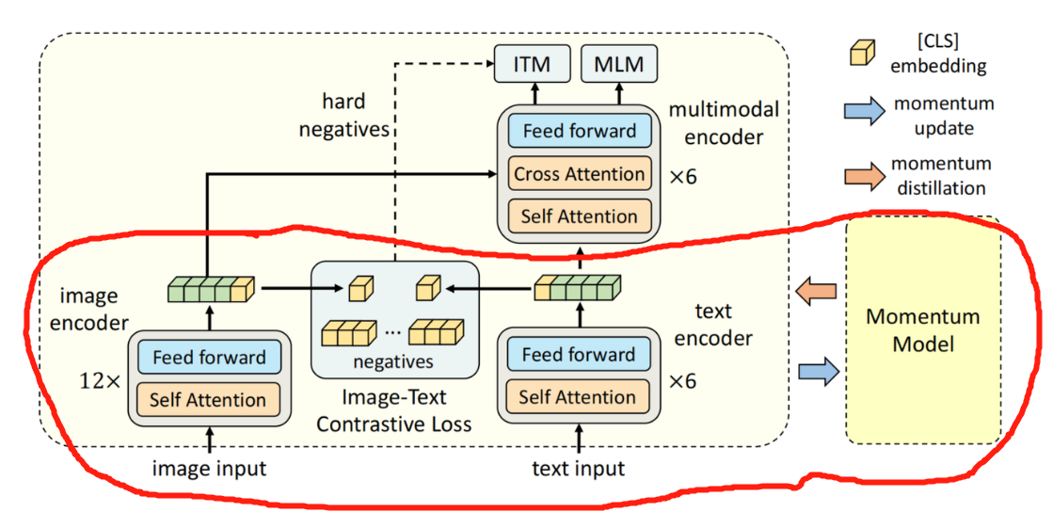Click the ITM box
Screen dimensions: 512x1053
point(533,64)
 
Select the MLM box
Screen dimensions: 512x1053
point(617,64)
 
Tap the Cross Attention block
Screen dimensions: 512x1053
point(580,174)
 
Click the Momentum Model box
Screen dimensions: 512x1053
point(922,330)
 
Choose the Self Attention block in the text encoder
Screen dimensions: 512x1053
point(577,396)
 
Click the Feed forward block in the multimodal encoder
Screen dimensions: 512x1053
point(580,131)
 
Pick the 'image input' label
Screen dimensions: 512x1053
point(210,468)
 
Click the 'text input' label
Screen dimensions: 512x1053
point(577,468)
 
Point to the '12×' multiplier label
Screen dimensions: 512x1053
point(101,381)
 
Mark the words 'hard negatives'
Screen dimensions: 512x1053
point(343,114)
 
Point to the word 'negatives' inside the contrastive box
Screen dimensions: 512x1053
point(394,360)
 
